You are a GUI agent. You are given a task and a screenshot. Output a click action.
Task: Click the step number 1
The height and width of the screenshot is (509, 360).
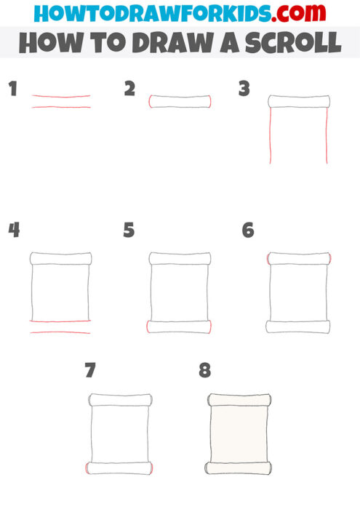pyautogui.click(x=12, y=89)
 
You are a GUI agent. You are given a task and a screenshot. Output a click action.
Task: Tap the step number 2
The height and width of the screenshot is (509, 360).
pyautogui.click(x=129, y=89)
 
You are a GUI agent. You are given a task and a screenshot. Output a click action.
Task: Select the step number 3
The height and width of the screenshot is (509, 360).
pyautogui.click(x=244, y=89)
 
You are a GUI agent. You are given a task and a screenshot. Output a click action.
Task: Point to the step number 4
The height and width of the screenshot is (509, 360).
pyautogui.click(x=13, y=231)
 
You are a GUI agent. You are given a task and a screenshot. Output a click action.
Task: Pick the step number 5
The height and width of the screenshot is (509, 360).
pyautogui.click(x=129, y=231)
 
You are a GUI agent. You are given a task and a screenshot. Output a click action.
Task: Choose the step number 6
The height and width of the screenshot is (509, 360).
pyautogui.click(x=248, y=231)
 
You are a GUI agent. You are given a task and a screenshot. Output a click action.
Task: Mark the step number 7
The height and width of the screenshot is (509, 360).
pyautogui.click(x=90, y=371)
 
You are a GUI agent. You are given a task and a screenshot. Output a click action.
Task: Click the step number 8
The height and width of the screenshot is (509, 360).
pyautogui.click(x=205, y=371)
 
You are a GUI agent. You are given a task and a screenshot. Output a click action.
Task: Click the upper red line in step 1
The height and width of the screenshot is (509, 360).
pyautogui.click(x=61, y=96)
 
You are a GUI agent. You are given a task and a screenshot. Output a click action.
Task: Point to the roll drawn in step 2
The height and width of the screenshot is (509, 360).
pyautogui.click(x=180, y=101)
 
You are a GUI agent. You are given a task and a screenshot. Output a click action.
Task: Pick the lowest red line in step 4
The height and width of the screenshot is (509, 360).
pyautogui.click(x=61, y=333)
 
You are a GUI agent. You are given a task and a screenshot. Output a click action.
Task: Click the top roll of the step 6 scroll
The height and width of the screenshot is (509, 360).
pyautogui.click(x=299, y=258)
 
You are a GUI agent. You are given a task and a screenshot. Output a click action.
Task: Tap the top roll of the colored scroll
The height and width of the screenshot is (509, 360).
pyautogui.click(x=239, y=399)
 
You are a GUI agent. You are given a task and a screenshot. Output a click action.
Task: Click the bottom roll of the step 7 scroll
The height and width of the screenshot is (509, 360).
pyautogui.click(x=120, y=468)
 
